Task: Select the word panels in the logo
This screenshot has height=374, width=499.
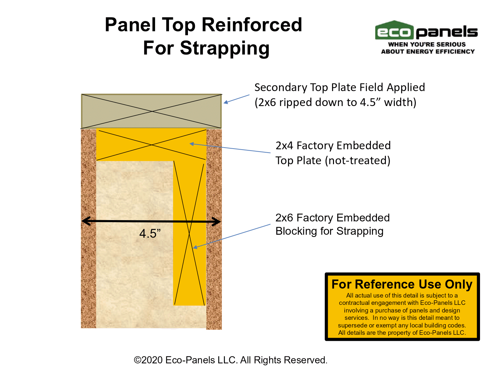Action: tap(447, 32)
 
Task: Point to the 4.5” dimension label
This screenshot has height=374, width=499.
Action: tap(150, 233)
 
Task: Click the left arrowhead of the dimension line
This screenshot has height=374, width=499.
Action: tap(86, 221)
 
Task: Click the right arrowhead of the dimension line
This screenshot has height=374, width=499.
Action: tap(216, 222)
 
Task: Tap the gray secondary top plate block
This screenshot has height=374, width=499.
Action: tap(151, 111)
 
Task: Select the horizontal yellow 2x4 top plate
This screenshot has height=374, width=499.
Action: tap(151, 145)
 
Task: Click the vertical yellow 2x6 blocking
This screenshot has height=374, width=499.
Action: tap(190, 233)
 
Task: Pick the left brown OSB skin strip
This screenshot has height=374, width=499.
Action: tap(88, 228)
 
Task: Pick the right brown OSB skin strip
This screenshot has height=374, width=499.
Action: tap(214, 229)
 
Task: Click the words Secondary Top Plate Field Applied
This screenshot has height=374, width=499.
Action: tap(340, 87)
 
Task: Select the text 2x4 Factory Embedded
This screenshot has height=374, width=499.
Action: tap(333, 146)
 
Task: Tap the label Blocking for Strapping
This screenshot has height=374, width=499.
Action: tap(329, 231)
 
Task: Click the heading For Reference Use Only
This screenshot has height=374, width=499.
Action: tap(402, 284)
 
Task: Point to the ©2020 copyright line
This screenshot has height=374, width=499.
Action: tap(231, 360)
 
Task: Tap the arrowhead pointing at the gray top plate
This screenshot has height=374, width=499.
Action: tap(226, 102)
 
